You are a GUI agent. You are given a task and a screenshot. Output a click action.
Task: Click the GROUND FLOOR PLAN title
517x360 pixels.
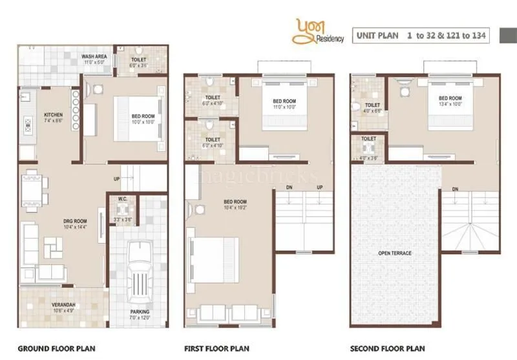pos(56,349)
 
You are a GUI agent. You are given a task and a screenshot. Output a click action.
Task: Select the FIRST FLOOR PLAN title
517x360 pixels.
pos(216,349)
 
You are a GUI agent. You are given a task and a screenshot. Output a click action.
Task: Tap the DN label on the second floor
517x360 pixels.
pos(455,189)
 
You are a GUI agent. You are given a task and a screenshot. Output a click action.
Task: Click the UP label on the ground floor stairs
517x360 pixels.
pos(116,178)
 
